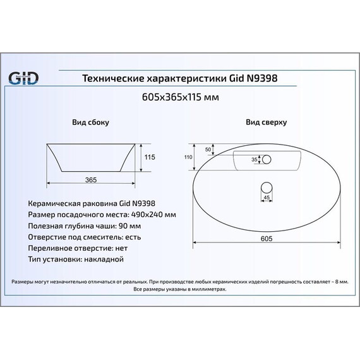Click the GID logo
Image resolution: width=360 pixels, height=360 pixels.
pos(23,78)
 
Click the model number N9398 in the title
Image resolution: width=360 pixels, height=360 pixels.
pos(262,78)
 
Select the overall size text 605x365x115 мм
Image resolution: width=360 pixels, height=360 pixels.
pos(181,97)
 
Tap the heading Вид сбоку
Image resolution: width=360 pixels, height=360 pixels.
pos(91,122)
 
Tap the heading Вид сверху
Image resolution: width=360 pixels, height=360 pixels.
pos(267,122)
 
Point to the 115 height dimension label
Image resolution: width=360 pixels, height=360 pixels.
pos(150,157)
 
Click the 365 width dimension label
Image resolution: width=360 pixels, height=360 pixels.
pos(91,180)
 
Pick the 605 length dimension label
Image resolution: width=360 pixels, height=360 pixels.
pos(267,239)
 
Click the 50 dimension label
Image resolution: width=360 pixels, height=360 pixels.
pos(208,150)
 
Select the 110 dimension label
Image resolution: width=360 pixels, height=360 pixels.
pos(188,157)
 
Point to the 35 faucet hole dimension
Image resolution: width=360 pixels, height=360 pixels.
pos(255,159)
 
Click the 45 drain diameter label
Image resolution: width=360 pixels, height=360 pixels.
pos(267,198)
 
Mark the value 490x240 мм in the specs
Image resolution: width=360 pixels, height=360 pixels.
pos(153,215)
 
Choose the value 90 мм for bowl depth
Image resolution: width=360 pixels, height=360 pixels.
pos(130,226)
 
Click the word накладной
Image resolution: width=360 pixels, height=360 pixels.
pos(104,260)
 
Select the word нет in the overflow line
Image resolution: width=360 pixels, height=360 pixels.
pos(121,248)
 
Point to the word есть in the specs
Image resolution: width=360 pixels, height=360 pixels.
pos(133,237)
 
